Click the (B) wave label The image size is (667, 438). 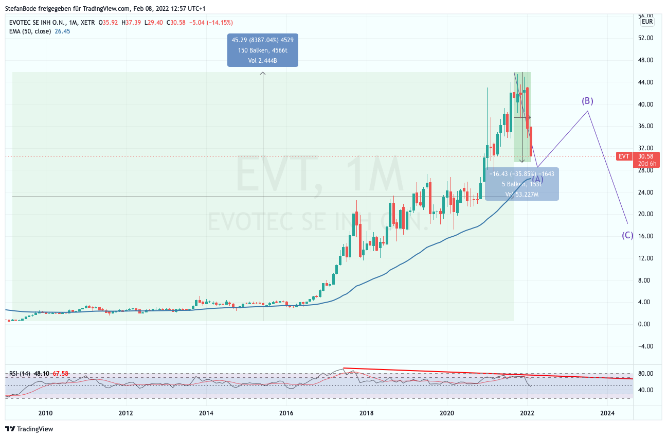pos(588,101)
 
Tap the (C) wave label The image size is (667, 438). pos(627,236)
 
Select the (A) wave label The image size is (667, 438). pos(537,179)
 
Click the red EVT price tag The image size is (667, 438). pos(624,156)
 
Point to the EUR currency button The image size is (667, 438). pos(647,22)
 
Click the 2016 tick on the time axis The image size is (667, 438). pos(286,413)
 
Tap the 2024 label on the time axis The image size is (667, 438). pos(607,413)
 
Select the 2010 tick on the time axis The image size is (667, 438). pos(45,413)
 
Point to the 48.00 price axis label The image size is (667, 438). pos(645,60)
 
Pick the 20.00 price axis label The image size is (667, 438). pos(645,214)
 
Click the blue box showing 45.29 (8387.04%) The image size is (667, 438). pos(263,50)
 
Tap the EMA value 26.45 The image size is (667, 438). pos(62,31)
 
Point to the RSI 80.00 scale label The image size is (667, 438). pos(645,373)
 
